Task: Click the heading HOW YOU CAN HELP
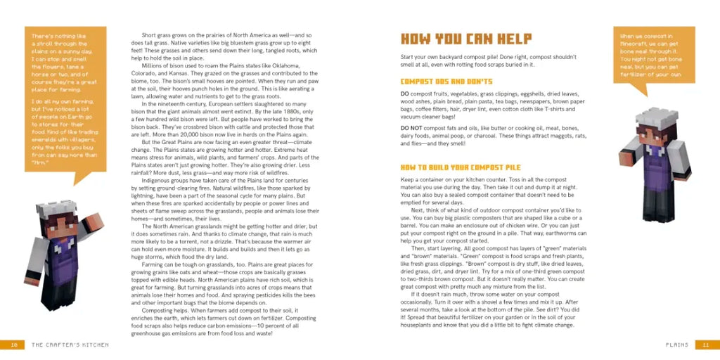(465, 39)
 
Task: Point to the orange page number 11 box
(705, 345)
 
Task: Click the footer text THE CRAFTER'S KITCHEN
(70, 345)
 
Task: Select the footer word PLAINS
(676, 345)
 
